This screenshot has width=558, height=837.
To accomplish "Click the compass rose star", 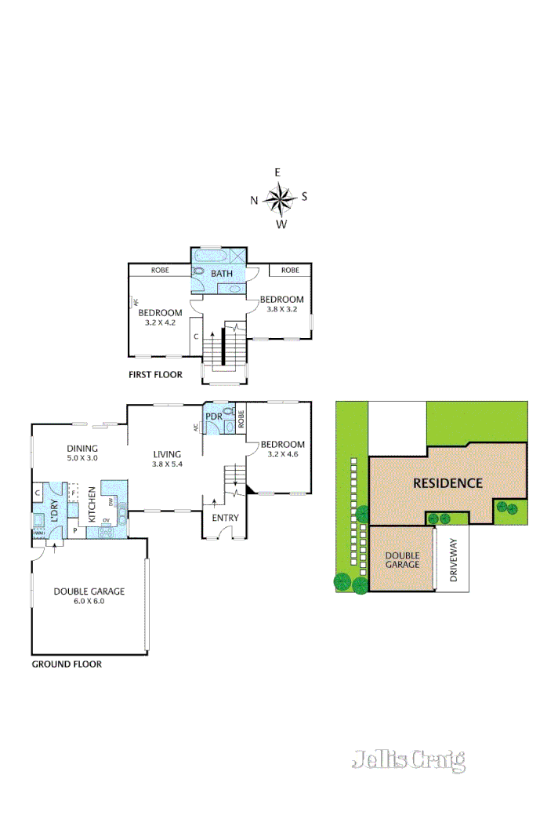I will pos(278,198).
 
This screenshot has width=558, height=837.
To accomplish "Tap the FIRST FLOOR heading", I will pos(155,375).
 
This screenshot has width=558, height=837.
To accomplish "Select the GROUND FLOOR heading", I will pos(67,664).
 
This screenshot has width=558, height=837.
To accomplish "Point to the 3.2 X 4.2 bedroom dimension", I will pos(161,322).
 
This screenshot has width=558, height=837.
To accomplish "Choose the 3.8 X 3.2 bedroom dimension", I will pos(281,310).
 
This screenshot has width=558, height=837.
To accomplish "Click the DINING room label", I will pos(82,448).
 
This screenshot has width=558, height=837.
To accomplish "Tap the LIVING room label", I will pos(167,453).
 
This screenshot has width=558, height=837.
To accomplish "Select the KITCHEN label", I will pos(92,504).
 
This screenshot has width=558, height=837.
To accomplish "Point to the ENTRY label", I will pos(225,518).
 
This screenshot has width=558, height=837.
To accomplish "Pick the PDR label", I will pos(213,417).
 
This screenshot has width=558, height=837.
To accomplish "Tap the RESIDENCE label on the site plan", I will pos(447,483).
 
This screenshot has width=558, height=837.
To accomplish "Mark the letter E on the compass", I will pos(277,173).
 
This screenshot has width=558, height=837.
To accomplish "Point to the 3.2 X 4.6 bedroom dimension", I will pos(284,453).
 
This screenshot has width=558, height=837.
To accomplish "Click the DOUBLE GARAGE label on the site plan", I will pos(402,560).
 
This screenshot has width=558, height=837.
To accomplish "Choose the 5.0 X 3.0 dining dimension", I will pos(82,457).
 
